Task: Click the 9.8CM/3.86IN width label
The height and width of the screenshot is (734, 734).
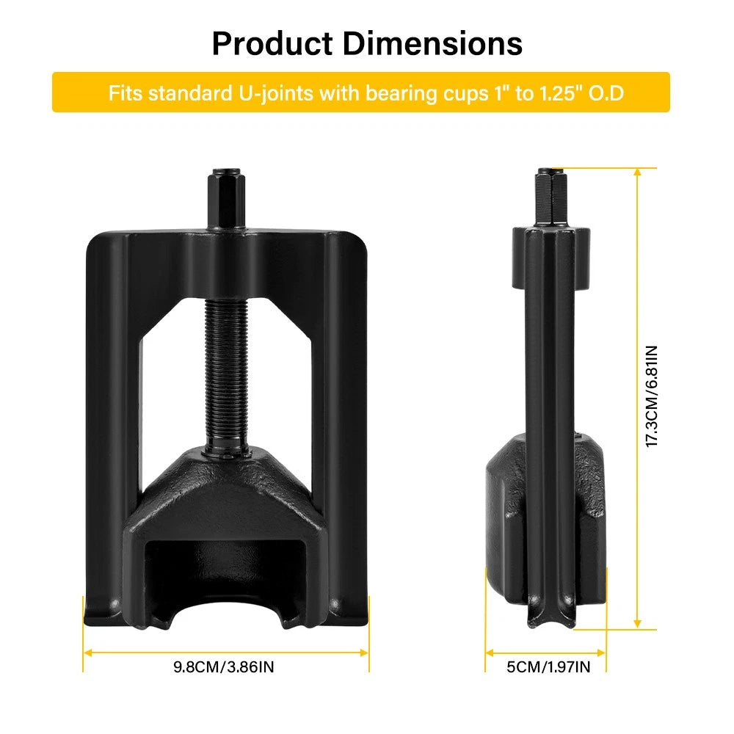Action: pyautogui.click(x=224, y=666)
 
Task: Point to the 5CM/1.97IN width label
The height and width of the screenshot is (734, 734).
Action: pyautogui.click(x=548, y=666)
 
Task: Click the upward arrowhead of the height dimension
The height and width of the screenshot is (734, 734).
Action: pyautogui.click(x=636, y=172)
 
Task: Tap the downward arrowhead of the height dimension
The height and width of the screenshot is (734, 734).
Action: pyautogui.click(x=636, y=624)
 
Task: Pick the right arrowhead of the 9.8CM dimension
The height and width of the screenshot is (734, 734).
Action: pyautogui.click(x=365, y=651)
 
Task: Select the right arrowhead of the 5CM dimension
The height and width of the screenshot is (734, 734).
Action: pyautogui.click(x=603, y=651)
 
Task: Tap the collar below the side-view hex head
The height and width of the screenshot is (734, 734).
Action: pyautogui.click(x=550, y=257)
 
